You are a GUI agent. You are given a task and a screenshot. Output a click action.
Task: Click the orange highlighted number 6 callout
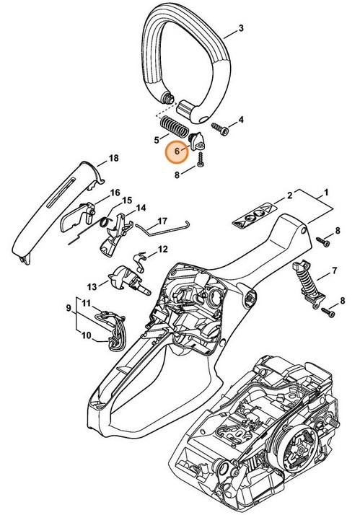click(176, 152)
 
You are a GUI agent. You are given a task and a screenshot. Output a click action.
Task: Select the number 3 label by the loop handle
click(241, 29)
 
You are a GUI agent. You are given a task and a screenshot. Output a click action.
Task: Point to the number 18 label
click(113, 158)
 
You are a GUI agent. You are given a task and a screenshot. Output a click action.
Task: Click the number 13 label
click(92, 285)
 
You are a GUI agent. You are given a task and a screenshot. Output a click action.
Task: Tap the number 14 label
click(141, 208)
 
